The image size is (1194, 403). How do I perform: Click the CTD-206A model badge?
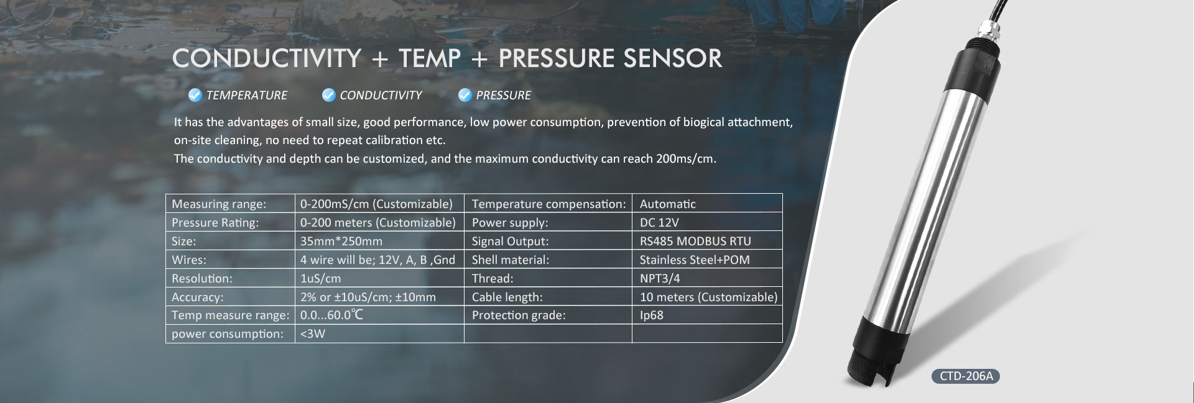965,376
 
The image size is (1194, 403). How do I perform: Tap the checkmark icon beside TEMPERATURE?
195,95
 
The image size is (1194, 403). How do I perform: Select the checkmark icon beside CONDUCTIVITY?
328,95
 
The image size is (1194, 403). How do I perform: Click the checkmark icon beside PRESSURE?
465,95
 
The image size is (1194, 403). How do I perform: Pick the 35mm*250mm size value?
341,241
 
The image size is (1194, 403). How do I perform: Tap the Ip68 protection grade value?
652,315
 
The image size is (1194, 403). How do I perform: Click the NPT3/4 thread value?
660,278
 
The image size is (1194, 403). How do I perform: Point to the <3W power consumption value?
313,333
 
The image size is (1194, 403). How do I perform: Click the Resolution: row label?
202,278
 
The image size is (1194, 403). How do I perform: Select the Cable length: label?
507,297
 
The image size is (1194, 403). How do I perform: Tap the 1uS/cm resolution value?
320,278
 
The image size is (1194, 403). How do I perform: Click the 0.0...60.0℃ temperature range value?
331,315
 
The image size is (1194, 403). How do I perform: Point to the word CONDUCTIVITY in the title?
267,58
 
